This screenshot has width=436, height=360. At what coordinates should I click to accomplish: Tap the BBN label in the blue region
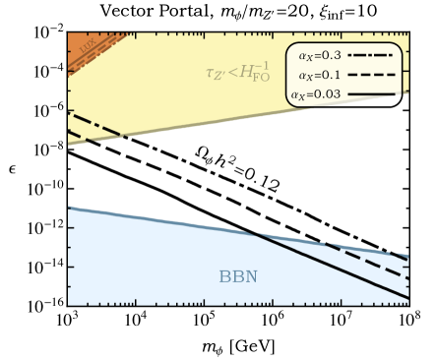click(x=237, y=277)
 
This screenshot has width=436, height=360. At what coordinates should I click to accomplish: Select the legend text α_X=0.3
click(x=319, y=56)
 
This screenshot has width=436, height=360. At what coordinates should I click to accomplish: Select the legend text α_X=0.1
click(x=319, y=75)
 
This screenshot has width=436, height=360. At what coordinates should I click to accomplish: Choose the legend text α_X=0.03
click(x=316, y=94)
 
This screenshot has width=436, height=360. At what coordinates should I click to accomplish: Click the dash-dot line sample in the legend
click(x=371, y=56)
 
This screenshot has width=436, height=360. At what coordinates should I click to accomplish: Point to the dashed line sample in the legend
click(x=371, y=75)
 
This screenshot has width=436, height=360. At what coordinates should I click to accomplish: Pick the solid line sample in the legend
click(x=371, y=94)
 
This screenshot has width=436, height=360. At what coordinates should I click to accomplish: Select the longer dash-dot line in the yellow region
click(x=94, y=123)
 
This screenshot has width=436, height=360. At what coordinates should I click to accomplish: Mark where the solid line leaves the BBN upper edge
click(x=255, y=232)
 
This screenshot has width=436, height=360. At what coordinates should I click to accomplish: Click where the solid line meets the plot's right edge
click(x=407, y=297)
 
